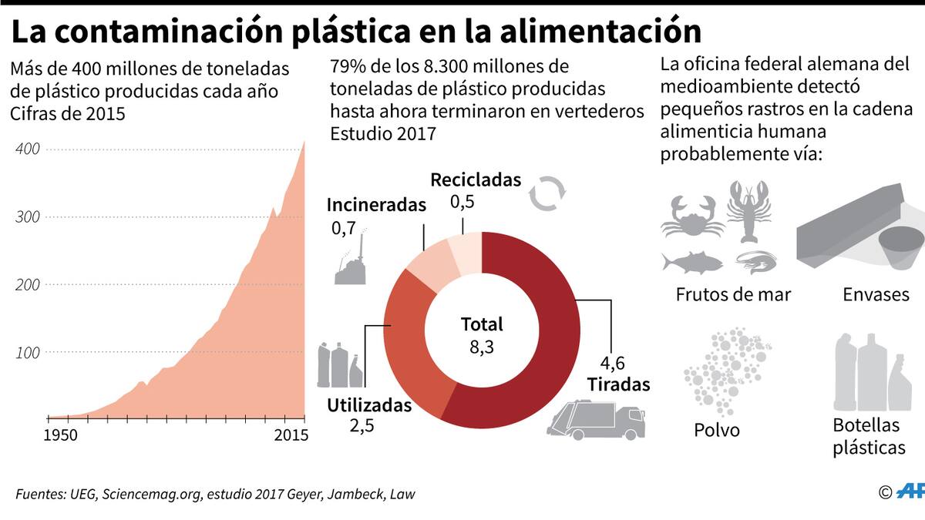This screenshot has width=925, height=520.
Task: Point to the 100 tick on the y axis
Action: point(26,352)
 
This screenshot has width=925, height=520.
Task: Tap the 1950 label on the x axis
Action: point(61,436)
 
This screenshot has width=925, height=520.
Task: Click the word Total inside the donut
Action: point(482,324)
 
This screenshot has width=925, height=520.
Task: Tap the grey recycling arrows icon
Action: point(548,193)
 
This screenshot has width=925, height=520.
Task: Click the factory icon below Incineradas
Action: point(351,263)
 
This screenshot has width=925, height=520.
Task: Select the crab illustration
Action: point(691,216)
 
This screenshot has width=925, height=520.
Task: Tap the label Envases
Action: point(876,294)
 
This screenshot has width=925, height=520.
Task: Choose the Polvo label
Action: point(716,429)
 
